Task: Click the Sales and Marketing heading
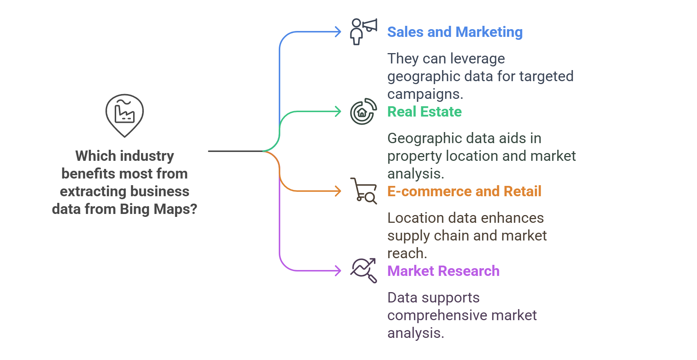455,32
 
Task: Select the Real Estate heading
424,112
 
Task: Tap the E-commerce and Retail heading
464,191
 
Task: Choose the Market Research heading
443,271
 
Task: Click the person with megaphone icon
363,32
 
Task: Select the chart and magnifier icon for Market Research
363,271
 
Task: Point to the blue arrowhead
337,32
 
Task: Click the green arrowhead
337,111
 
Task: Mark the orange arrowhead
337,191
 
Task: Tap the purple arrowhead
337,271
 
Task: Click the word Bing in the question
135,209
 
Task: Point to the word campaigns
425,94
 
